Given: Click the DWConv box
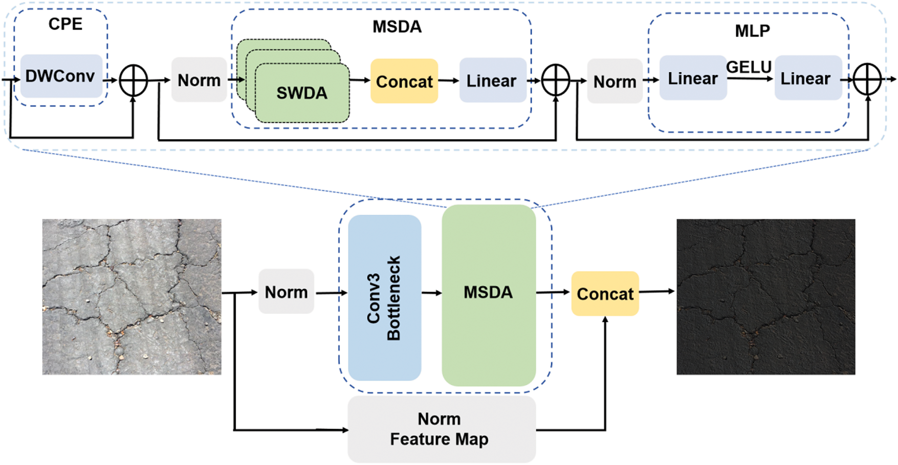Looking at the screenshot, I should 61,76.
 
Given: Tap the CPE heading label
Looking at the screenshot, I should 65,24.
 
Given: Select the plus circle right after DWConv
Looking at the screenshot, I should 133,81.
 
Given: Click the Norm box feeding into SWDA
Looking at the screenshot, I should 199,80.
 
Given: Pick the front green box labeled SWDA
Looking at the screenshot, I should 302,93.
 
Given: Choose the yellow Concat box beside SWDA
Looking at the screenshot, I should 404,81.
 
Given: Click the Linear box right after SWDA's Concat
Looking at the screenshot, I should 492,80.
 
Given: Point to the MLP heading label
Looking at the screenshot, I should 752,31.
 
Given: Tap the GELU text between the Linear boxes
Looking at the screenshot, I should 749,67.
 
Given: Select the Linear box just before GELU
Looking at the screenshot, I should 693,78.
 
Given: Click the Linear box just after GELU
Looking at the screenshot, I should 808,78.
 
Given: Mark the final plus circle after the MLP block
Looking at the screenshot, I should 867,80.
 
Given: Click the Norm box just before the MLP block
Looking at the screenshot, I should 615,81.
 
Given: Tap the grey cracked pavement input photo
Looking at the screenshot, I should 132,297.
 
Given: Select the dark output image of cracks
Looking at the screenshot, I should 765,297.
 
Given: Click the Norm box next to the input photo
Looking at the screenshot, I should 286,292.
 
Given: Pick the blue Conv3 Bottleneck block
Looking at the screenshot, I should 384,298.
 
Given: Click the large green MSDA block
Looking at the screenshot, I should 489,295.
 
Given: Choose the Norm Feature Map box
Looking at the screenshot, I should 441,429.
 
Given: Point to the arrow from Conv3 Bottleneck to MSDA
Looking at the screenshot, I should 431,293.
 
